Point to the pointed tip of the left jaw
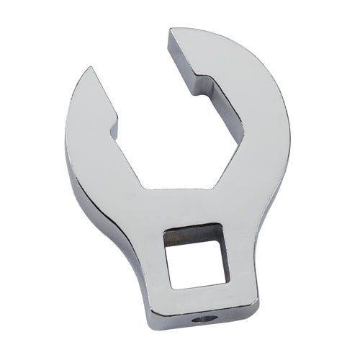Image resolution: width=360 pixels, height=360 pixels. click(89, 69)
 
